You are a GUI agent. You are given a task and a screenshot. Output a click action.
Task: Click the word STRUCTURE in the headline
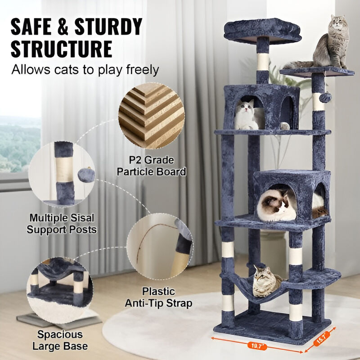61,49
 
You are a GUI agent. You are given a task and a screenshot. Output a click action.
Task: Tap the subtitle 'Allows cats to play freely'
85,70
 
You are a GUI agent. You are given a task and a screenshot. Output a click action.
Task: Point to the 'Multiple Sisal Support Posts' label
62,224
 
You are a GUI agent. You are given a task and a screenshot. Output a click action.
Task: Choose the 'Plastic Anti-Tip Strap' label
167,297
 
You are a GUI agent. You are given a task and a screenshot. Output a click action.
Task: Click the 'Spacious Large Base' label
60,341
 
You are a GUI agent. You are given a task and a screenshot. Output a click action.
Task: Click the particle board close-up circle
151,116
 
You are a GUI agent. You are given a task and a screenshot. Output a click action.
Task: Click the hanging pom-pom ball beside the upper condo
326,97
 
